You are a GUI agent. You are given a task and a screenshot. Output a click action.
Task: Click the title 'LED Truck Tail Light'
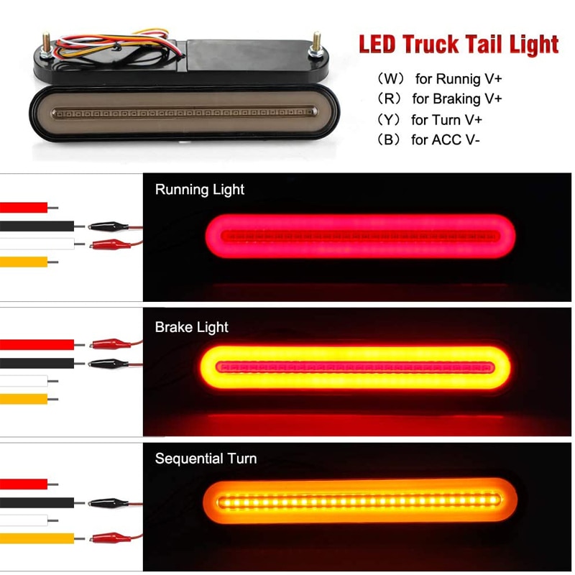point(459,44)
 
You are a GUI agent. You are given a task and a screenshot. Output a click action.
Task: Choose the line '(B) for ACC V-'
point(428,139)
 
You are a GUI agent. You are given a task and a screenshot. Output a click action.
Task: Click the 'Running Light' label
point(200,190)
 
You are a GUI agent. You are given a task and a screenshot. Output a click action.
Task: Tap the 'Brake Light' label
point(191,327)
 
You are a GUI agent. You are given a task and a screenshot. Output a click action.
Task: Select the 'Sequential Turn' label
point(206,459)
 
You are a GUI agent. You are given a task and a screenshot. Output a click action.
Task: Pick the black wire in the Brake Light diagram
point(36,363)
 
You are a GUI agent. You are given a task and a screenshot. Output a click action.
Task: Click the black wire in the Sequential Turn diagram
point(36,502)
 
